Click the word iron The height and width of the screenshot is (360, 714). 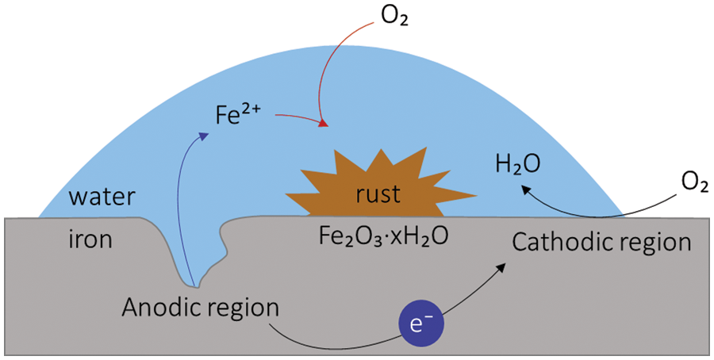pos(86,239)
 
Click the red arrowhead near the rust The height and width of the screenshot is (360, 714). pos(323,124)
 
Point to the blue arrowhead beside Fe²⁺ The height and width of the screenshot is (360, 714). pos(205,135)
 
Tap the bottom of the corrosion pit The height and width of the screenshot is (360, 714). pos(197,285)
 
